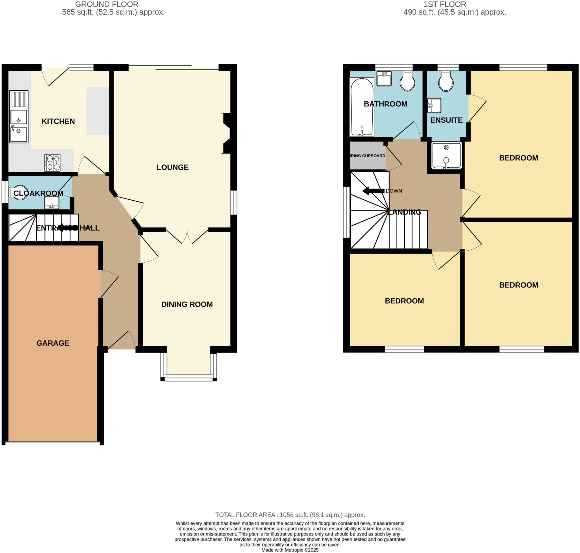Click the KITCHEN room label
pos(58,121)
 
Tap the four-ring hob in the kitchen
pos(52,163)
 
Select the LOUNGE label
pos(172,167)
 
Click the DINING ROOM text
pos(187,304)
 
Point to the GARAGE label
pos(53,343)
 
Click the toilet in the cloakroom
pos(19,192)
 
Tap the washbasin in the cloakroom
pos(52,203)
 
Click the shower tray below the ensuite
pos(446,155)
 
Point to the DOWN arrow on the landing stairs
pos(373,191)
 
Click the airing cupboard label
pos(368,156)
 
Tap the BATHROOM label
pos(385,104)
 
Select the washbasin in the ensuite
pos(434,105)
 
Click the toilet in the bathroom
pos(407,81)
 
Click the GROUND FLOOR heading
pos(107,5)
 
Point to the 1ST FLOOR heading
pos(445,5)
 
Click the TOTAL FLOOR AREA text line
pos(290,515)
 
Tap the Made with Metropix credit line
pos(290,550)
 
